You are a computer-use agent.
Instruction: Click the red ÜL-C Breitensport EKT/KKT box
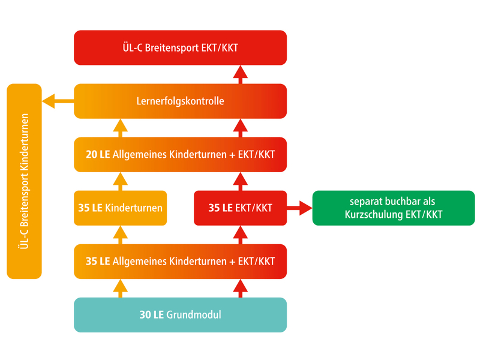(180, 47)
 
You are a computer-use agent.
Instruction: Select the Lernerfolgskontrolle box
(180, 101)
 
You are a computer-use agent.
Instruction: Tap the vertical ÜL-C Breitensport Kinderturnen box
(24, 181)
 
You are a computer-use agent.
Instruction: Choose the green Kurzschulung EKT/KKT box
(393, 208)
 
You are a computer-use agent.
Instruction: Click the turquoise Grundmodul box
(180, 314)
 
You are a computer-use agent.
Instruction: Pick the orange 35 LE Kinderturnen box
(120, 208)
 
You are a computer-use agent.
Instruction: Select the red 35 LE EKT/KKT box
(240, 208)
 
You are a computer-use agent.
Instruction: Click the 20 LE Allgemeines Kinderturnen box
(180, 154)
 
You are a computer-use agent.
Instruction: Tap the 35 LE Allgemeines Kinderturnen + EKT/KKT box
(180, 261)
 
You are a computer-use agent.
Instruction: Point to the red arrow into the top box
(240, 74)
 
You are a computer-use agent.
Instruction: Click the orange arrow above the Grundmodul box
(120, 289)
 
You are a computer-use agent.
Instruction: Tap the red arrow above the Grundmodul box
(240, 289)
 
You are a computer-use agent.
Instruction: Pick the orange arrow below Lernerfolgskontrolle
(120, 128)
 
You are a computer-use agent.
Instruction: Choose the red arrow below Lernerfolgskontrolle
(240, 128)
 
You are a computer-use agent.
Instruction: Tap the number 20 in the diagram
(92, 154)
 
